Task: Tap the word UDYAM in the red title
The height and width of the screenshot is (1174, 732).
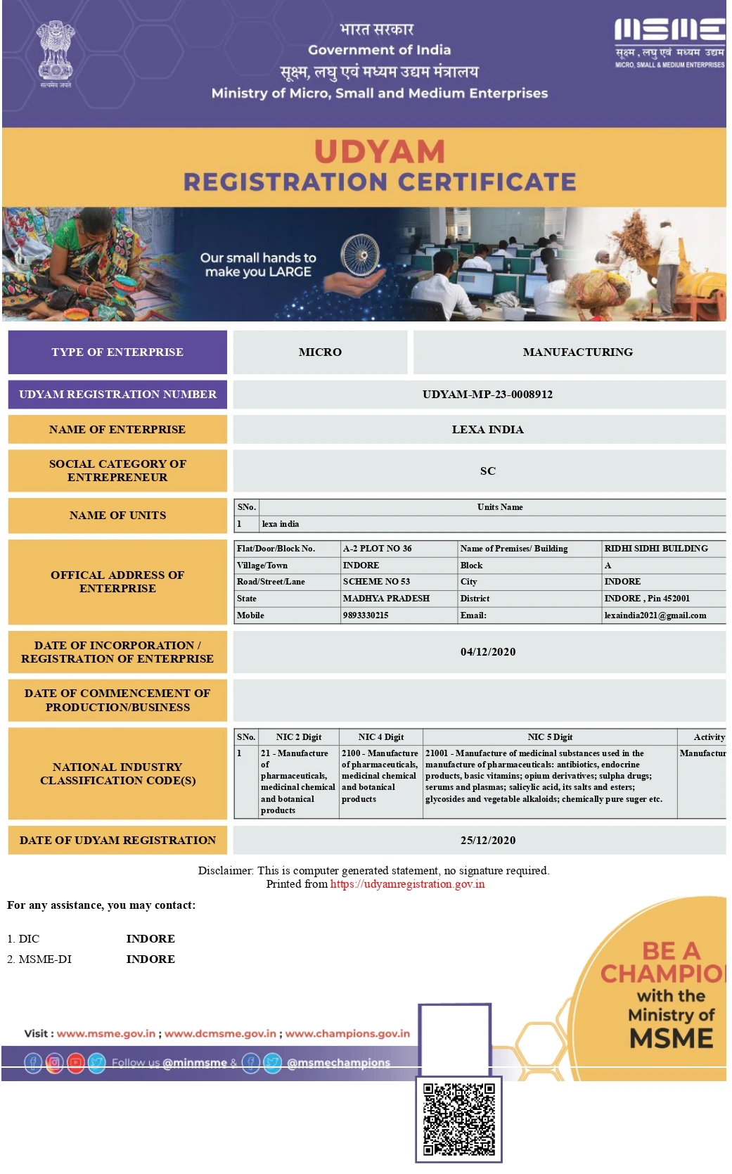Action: [380, 152]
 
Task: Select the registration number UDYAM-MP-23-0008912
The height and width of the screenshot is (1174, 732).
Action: [487, 395]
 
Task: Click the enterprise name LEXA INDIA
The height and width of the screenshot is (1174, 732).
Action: [487, 430]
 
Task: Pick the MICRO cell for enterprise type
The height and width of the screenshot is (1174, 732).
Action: [320, 352]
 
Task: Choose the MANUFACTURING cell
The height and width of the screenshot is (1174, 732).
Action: [577, 352]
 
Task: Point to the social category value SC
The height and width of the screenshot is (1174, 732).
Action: [487, 471]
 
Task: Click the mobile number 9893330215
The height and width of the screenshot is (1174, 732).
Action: [366, 615]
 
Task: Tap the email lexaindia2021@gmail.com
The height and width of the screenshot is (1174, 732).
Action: [655, 615]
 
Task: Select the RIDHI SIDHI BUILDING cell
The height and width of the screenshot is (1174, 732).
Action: [656, 549]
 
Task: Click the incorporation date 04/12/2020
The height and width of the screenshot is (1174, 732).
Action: [488, 652]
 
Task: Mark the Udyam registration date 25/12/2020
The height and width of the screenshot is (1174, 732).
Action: [488, 841]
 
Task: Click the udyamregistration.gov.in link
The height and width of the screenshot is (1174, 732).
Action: [407, 884]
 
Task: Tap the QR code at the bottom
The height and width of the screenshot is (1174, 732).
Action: [458, 1118]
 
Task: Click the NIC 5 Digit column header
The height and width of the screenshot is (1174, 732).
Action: [550, 737]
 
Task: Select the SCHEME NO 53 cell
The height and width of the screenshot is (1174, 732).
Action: [376, 582]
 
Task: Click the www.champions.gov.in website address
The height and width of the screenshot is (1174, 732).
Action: [347, 1033]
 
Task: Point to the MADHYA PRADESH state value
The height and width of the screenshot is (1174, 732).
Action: [386, 599]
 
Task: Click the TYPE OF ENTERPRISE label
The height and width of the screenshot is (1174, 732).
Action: [117, 352]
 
